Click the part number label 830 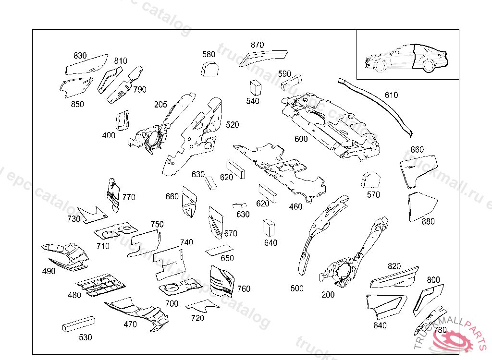(80, 56)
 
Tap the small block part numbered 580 (209, 70)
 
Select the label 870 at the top (257, 45)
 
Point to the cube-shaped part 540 (255, 88)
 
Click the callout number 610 (391, 95)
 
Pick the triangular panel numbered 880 (422, 205)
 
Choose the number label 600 (301, 139)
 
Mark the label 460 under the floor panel (296, 207)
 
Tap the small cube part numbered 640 (269, 228)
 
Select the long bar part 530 (79, 324)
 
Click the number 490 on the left (49, 271)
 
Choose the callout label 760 (244, 289)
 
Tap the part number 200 (328, 295)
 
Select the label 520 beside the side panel (232, 125)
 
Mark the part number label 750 (157, 224)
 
